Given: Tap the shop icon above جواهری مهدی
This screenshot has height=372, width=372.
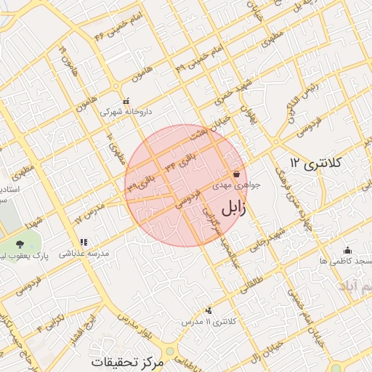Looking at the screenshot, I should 237,174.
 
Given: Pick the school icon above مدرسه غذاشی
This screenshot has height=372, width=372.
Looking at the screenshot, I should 84,243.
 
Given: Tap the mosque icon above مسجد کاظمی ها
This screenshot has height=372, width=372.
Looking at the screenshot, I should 347,248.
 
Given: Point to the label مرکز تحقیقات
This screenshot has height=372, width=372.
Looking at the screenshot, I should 129,361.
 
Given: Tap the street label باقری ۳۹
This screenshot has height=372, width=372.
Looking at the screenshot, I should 145,182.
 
